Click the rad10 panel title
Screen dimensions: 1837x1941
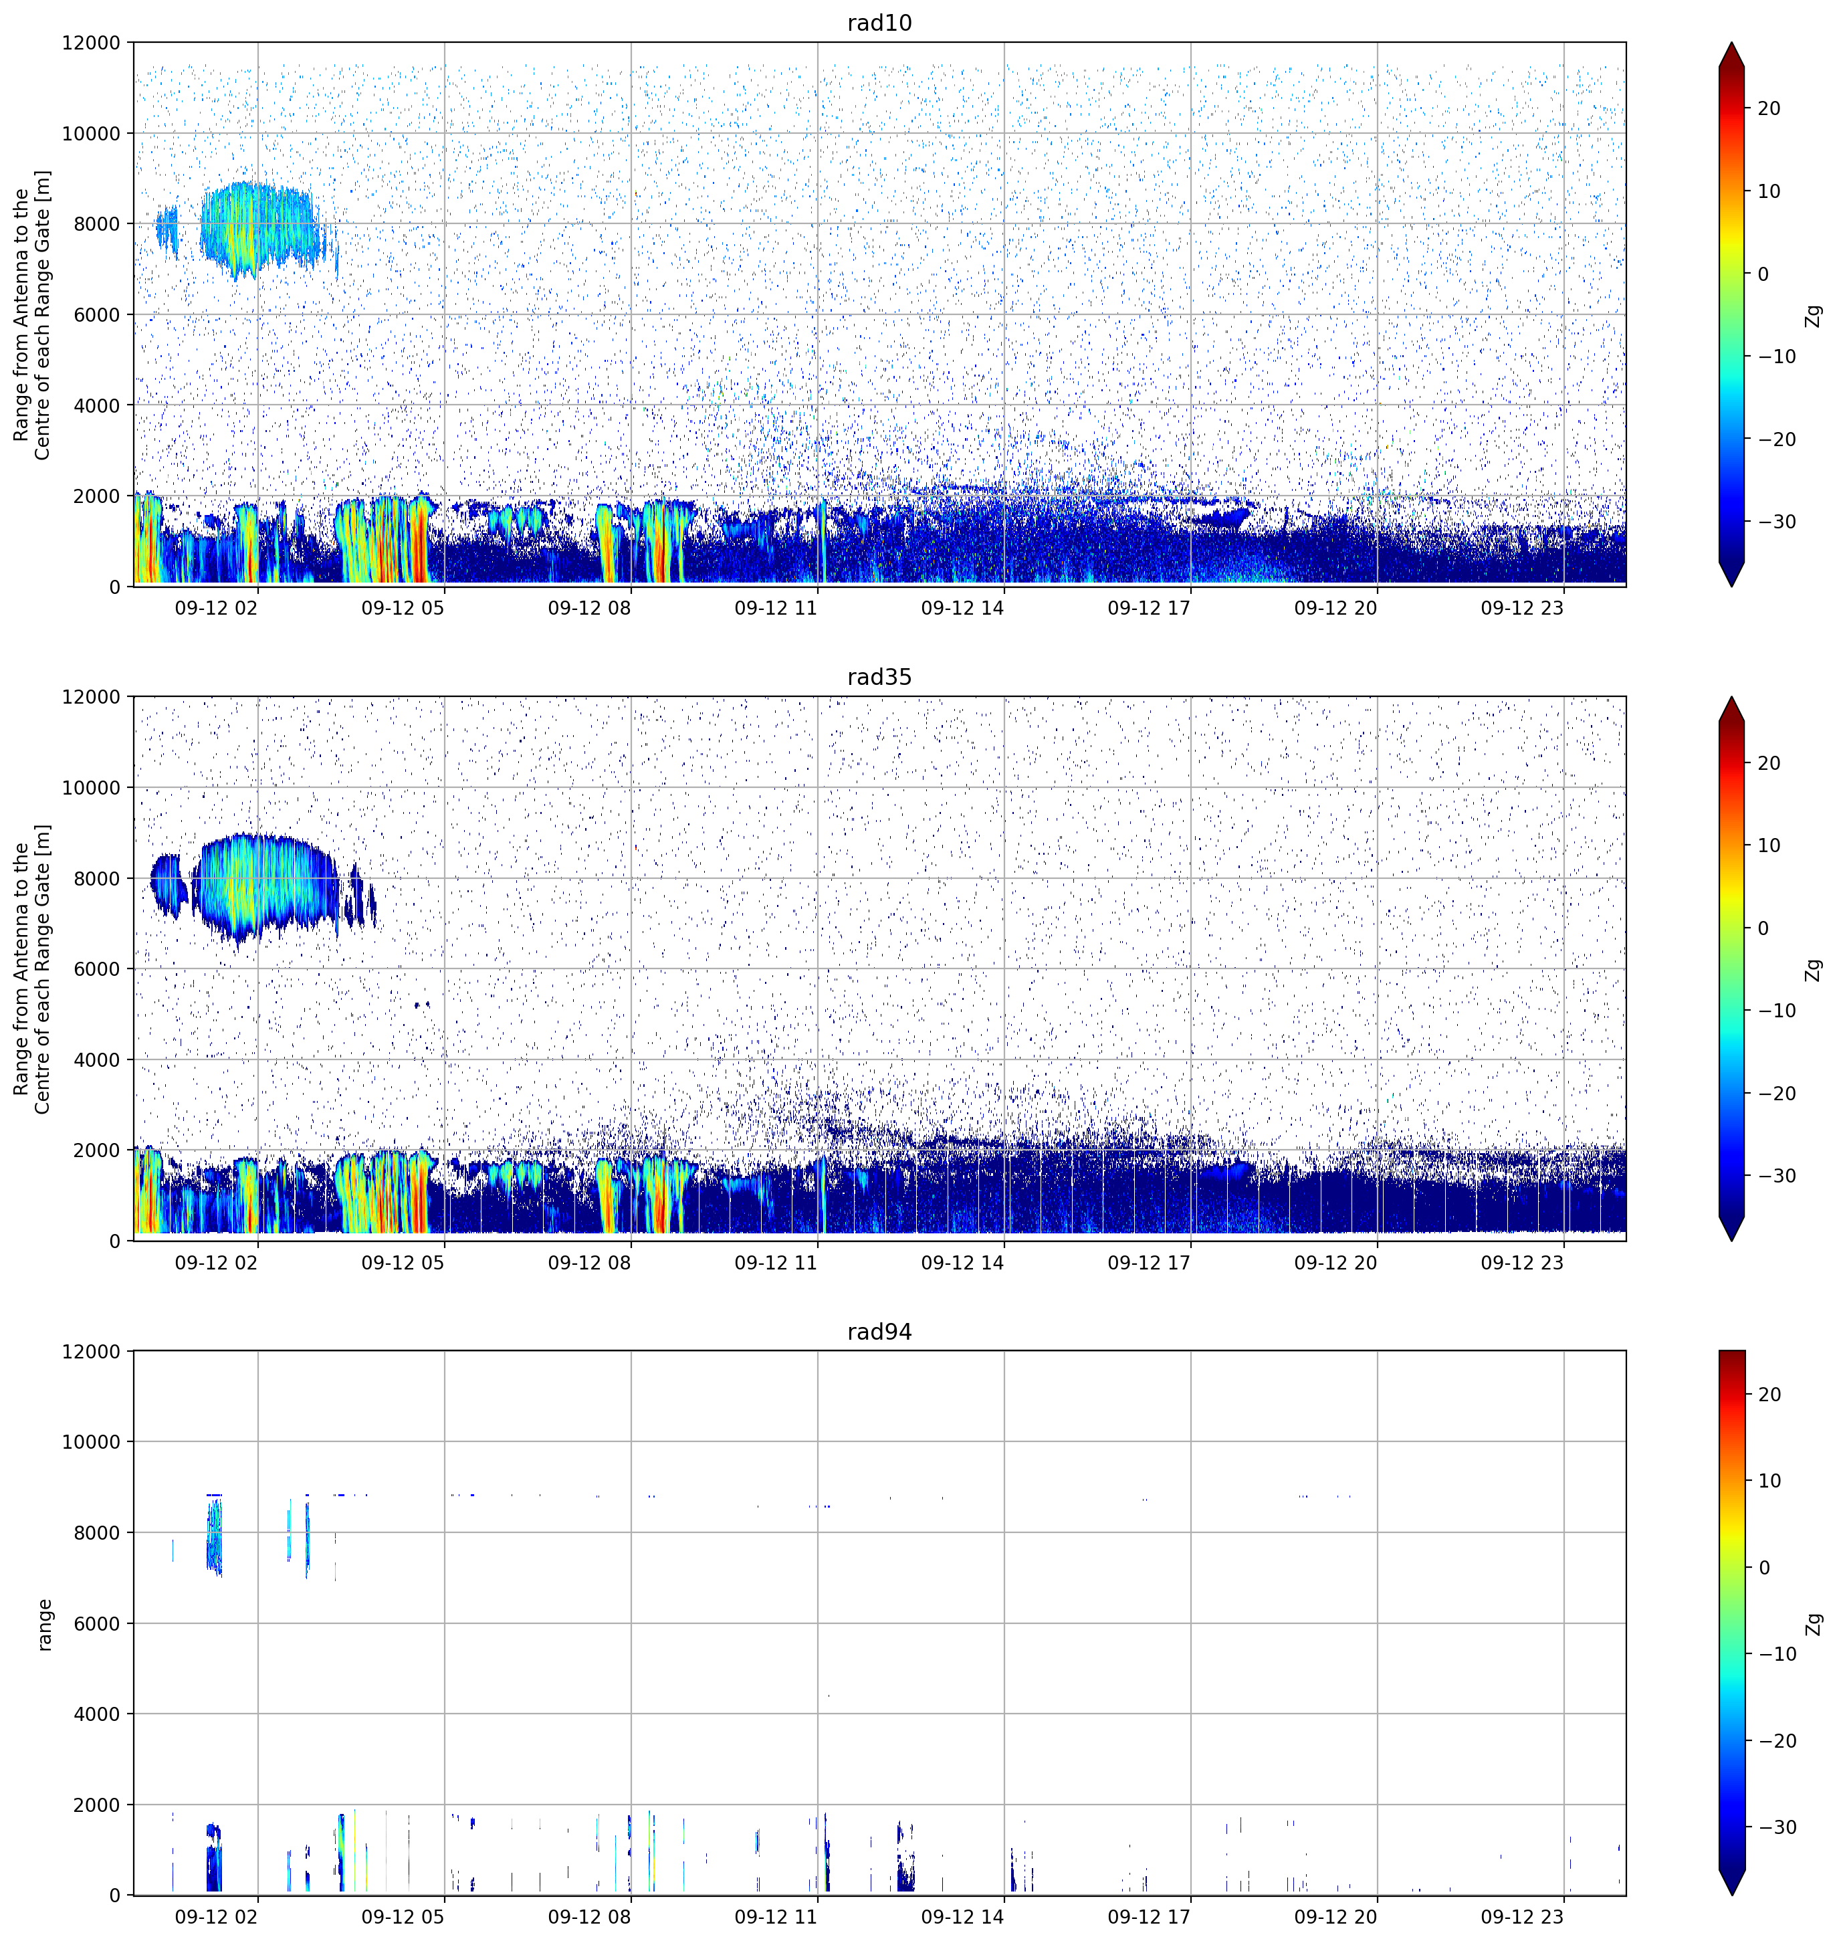pyautogui.click(x=879, y=23)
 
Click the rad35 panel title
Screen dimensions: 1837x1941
pyautogui.click(x=879, y=677)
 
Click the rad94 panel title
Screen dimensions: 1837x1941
pyautogui.click(x=879, y=1331)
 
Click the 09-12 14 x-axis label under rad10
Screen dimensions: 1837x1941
pyautogui.click(x=962, y=608)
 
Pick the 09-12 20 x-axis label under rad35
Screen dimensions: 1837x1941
pyautogui.click(x=1335, y=1262)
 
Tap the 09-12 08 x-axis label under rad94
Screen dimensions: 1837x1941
pyautogui.click(x=590, y=1916)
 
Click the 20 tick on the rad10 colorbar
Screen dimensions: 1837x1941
pyautogui.click(x=1768, y=109)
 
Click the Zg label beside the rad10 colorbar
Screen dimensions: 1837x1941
pyautogui.click(x=1814, y=315)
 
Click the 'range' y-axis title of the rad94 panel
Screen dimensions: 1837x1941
pyautogui.click(x=44, y=1625)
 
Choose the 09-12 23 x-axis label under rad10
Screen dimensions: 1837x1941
pyautogui.click(x=1522, y=608)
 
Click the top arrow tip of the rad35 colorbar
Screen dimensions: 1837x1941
pyautogui.click(x=1731, y=697)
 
